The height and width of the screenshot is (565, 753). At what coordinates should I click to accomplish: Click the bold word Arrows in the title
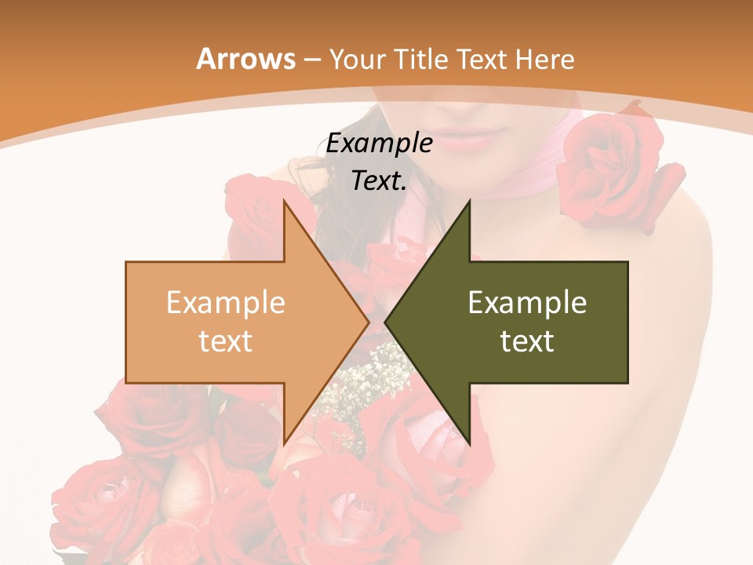click(x=246, y=59)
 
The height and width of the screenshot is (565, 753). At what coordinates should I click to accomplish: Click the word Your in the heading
click(x=357, y=60)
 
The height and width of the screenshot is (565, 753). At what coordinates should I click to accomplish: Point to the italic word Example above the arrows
click(x=379, y=144)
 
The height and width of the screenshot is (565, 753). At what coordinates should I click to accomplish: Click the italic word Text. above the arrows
click(x=379, y=181)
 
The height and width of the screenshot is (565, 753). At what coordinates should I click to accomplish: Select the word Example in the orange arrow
click(x=225, y=303)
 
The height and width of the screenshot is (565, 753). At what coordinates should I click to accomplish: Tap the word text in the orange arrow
click(x=225, y=341)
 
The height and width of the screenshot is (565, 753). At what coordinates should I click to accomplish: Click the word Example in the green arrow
click(x=527, y=303)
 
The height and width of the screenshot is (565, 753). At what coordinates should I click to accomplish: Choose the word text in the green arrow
click(x=527, y=341)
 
